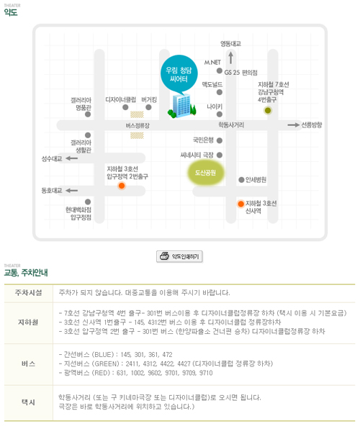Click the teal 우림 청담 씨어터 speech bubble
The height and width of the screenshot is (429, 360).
[179, 73]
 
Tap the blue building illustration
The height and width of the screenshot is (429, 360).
[181, 106]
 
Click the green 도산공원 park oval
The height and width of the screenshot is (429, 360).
[206, 173]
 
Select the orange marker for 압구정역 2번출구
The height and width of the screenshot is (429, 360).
[122, 186]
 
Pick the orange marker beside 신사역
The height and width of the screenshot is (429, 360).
[241, 204]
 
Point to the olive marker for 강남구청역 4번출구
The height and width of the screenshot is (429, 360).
[268, 111]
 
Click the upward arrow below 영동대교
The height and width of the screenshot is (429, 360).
[231, 58]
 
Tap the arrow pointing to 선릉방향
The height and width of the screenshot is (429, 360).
[294, 125]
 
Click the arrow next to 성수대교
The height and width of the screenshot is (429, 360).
[72, 158]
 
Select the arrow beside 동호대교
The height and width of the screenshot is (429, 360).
[72, 191]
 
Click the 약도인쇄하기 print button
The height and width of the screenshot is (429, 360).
[179, 256]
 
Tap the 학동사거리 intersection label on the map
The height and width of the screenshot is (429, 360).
[231, 125]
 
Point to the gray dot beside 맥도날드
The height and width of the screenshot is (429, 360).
[220, 92]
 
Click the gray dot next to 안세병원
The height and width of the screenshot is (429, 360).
[241, 180]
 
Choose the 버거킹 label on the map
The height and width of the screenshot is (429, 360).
[149, 99]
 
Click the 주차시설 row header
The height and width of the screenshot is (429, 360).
[29, 293]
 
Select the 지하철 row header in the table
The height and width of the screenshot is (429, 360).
[28, 322]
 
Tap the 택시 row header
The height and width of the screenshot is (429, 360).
[28, 402]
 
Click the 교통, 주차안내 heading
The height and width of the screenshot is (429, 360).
[26, 273]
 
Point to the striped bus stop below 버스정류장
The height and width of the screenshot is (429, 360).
[137, 135]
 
